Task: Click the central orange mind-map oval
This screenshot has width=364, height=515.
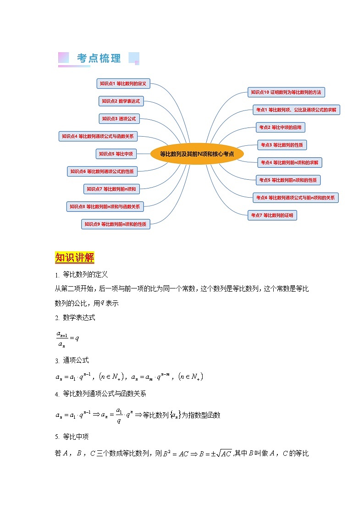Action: [197, 154]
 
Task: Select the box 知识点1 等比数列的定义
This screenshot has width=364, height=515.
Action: [123, 83]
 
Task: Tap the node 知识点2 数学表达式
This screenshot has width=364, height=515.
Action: [121, 101]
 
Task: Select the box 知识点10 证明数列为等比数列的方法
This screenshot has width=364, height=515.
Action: [286, 92]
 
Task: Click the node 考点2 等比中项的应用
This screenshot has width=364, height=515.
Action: [280, 127]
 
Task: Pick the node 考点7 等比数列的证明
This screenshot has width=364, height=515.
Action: [272, 215]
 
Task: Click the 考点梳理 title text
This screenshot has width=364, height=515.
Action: [99, 59]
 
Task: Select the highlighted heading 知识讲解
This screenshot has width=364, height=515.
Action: [74, 257]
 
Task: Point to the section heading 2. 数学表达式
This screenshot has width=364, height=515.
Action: [75, 317]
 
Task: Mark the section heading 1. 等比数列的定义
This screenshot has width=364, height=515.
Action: [81, 275]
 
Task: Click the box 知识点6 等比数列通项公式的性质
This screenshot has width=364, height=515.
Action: [102, 171]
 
